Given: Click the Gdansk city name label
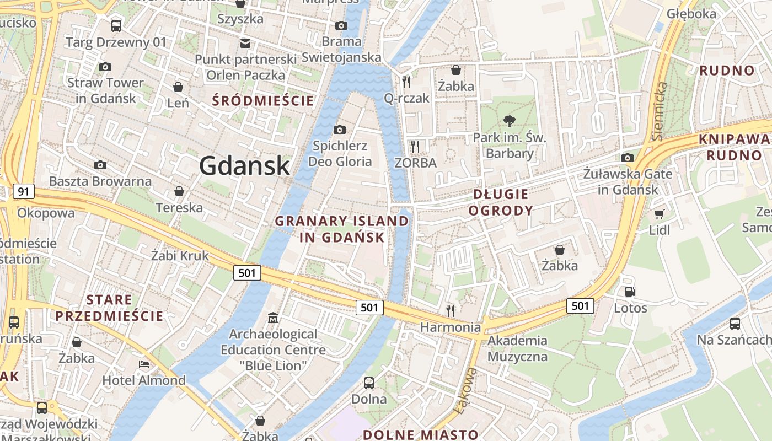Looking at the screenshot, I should click(x=244, y=165).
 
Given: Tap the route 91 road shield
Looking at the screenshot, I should click(x=23, y=192).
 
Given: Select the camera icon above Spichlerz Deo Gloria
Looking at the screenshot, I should click(x=340, y=130).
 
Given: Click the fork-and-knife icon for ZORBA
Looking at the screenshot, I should click(x=415, y=147).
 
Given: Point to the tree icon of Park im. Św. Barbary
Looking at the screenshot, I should click(x=509, y=121).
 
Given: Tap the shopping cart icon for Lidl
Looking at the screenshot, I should click(x=659, y=214).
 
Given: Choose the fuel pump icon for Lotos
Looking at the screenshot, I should click(x=630, y=292).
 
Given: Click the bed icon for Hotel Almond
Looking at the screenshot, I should click(x=143, y=364).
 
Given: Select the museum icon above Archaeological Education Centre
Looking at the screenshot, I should click(x=273, y=318).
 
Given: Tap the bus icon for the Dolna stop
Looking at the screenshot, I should click(x=369, y=383).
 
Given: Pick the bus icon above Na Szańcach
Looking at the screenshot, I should click(x=735, y=324).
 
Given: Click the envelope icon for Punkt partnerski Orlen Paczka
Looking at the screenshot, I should click(x=245, y=43).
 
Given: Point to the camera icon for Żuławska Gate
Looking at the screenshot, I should click(x=627, y=158).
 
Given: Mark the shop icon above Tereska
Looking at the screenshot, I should click(x=179, y=192).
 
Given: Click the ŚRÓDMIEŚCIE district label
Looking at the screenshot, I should click(x=263, y=101).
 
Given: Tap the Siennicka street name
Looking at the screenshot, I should click(x=658, y=110).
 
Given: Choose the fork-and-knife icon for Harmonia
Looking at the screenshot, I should click(x=451, y=311).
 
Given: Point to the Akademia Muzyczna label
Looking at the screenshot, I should click(x=517, y=348).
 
